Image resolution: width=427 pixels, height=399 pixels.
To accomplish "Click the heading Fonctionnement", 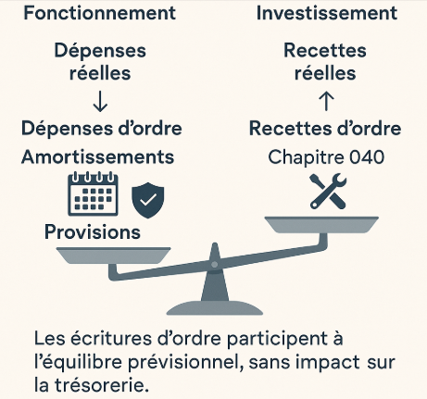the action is tap(100, 13).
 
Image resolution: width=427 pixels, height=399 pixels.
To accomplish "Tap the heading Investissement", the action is tap(327, 13).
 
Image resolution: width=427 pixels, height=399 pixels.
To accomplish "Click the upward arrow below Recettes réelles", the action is tap(326, 101).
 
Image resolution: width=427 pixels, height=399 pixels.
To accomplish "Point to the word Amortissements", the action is tap(98, 156).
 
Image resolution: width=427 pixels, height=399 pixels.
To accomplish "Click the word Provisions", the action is tap(93, 232).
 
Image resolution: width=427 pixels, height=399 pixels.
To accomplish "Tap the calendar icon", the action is tap(93, 194).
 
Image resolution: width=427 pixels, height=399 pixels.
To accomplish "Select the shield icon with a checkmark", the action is tap(148, 200).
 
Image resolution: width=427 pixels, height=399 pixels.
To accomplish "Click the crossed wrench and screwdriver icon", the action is tap(328, 192).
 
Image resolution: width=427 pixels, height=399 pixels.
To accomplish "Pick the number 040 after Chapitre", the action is tap(367, 157).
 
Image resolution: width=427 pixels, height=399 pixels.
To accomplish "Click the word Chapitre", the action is tap(306, 157).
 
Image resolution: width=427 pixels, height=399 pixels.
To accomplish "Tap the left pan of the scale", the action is tap(113, 256).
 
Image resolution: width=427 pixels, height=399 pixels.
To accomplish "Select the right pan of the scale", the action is tap(321, 225).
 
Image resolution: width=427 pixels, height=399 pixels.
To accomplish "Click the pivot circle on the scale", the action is tap(214, 265).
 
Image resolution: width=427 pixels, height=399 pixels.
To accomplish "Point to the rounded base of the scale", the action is tap(215, 307).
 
